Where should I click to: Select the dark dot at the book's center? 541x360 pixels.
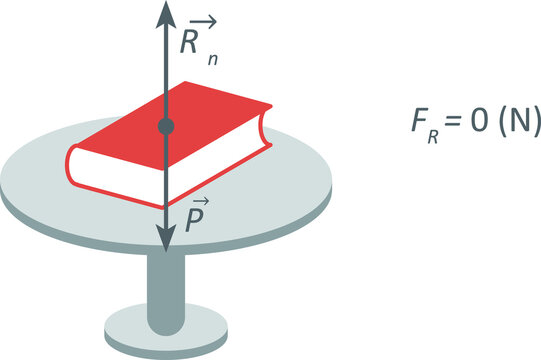click(166, 126)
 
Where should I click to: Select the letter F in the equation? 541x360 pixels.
click(420, 123)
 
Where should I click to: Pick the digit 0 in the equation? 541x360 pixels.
click(478, 123)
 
